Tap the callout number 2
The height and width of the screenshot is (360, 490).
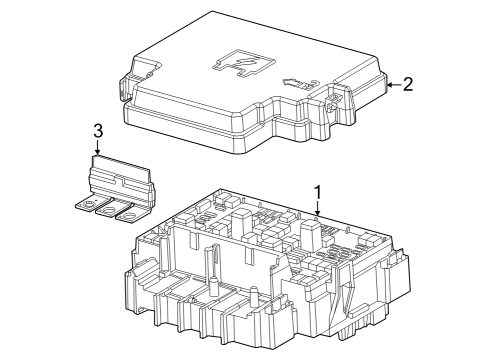(407, 84)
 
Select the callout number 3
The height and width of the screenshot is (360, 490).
(97, 130)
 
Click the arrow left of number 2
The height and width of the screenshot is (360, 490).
(389, 85)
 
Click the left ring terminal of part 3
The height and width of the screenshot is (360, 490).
(87, 209)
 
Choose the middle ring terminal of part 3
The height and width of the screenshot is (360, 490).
(106, 212)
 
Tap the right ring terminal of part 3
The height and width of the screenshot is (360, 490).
(125, 214)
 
